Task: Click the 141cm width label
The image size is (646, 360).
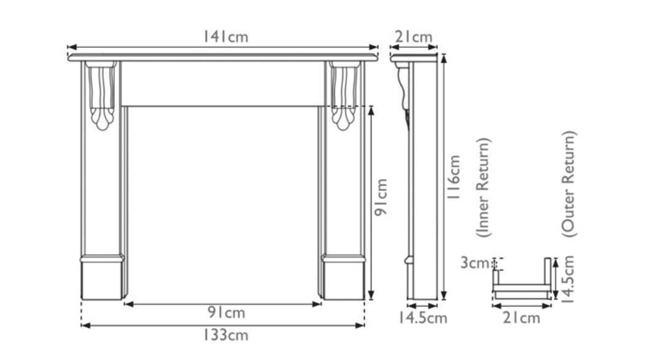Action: (x=225, y=37)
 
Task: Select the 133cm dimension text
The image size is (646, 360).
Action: (x=225, y=335)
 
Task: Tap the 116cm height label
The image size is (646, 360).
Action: (x=453, y=178)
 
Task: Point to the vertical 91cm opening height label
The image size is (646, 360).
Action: (x=381, y=197)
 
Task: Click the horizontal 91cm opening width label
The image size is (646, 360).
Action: (x=225, y=313)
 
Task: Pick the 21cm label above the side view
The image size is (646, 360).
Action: (x=413, y=37)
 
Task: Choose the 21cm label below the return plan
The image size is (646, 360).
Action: (x=521, y=317)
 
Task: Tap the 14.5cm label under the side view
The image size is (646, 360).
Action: (x=421, y=318)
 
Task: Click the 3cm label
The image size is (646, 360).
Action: (x=475, y=263)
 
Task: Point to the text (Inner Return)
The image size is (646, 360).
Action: (x=484, y=187)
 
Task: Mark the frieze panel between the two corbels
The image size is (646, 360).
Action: (x=224, y=84)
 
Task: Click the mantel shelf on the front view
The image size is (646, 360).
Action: (x=223, y=57)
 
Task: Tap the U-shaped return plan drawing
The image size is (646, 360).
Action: (x=521, y=289)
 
